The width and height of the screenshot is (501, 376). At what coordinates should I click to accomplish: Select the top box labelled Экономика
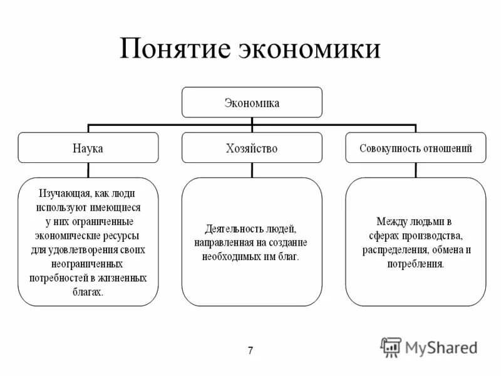click(252, 102)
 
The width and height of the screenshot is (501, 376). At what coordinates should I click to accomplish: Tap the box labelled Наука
click(88, 149)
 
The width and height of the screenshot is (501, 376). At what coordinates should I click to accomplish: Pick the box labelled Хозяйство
click(252, 149)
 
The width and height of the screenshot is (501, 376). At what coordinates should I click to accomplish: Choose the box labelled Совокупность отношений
click(415, 149)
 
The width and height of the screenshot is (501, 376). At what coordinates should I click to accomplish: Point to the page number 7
click(250, 350)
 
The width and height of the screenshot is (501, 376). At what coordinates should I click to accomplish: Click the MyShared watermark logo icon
click(391, 347)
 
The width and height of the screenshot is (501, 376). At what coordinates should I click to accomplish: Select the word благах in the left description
click(87, 291)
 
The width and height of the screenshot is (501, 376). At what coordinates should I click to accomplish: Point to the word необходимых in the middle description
click(230, 256)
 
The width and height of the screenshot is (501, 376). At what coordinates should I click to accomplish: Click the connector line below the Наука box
click(88, 170)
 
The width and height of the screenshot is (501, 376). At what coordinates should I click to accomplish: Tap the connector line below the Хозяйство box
click(252, 170)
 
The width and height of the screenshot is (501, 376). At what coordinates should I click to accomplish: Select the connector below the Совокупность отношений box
click(415, 170)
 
